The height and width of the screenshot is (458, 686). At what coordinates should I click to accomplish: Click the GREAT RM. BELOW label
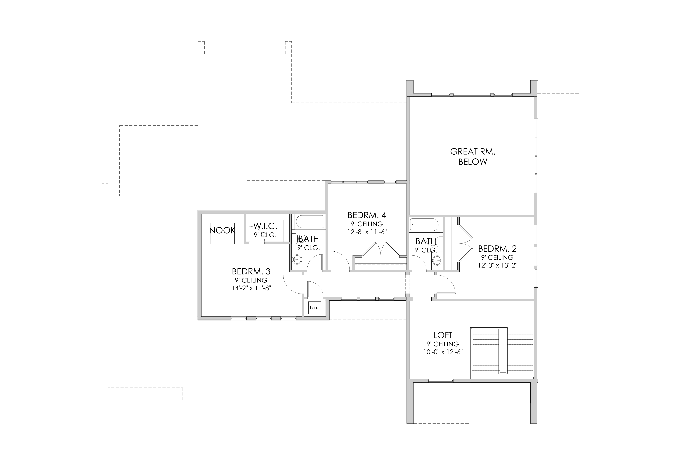point(473,156)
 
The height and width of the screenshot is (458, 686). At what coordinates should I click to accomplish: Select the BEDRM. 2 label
point(497,249)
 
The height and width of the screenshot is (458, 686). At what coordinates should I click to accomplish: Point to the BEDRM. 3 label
point(251,271)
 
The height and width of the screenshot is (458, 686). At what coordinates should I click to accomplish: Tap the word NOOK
point(222,230)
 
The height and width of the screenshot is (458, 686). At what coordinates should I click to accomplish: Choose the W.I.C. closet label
point(265,226)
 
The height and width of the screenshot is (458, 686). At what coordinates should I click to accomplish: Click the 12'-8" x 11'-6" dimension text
point(367,232)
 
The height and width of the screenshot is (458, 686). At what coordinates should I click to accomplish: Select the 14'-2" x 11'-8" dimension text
point(251,288)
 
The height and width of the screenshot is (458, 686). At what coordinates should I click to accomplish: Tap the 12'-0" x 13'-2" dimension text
point(498,265)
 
